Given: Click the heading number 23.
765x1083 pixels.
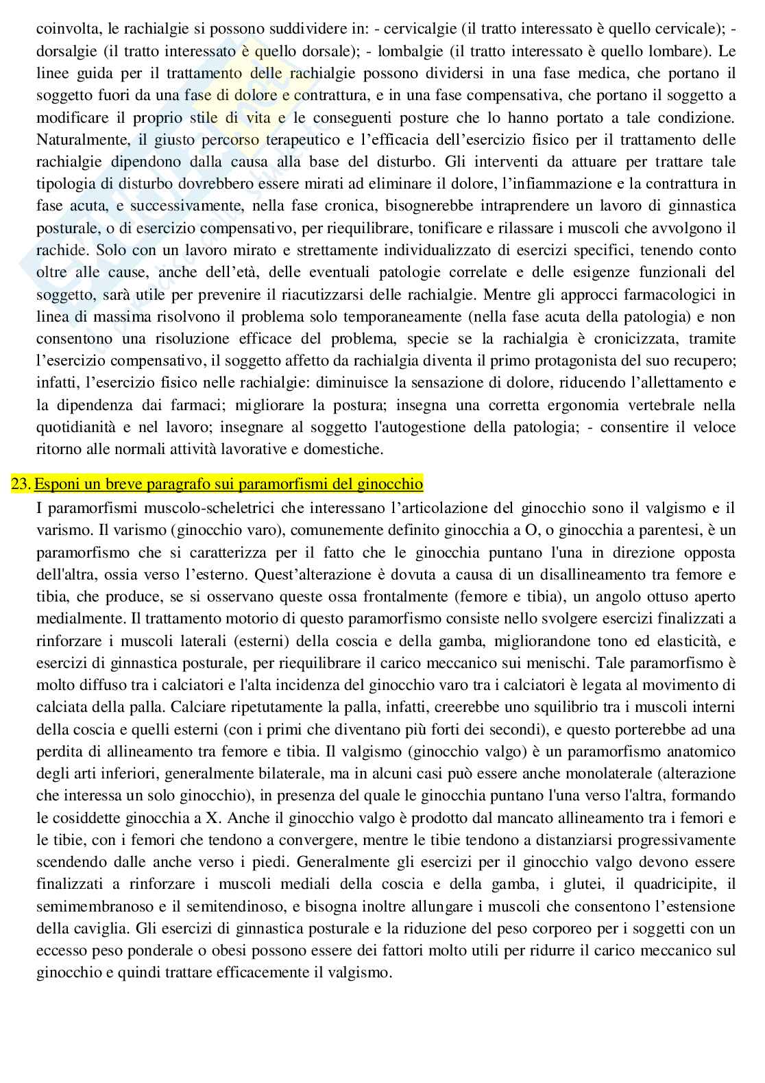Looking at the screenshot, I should [21, 484].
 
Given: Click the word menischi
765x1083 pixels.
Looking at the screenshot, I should [616, 663].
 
